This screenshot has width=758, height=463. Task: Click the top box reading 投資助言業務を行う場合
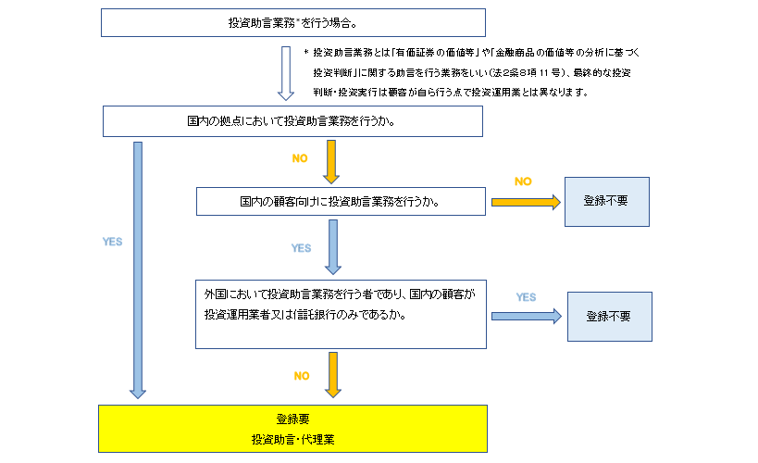click(292, 22)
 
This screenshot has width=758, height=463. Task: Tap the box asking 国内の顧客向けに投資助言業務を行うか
click(341, 201)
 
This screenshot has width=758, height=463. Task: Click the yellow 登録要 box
click(292, 427)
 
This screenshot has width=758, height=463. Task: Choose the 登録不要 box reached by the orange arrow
click(607, 201)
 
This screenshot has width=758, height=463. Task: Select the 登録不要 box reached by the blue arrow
click(608, 316)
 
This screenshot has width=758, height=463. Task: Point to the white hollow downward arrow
click(286, 73)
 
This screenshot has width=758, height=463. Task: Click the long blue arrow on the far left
click(138, 269)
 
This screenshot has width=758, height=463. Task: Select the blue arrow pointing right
click(526, 316)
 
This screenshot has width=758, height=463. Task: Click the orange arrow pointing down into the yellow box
click(331, 374)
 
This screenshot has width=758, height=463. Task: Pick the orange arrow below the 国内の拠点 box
click(331, 163)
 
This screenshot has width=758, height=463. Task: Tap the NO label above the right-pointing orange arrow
click(523, 181)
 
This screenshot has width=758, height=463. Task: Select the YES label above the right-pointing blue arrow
click(526, 297)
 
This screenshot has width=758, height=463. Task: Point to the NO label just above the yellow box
click(302, 376)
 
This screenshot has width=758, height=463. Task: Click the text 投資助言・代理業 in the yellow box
click(292, 438)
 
